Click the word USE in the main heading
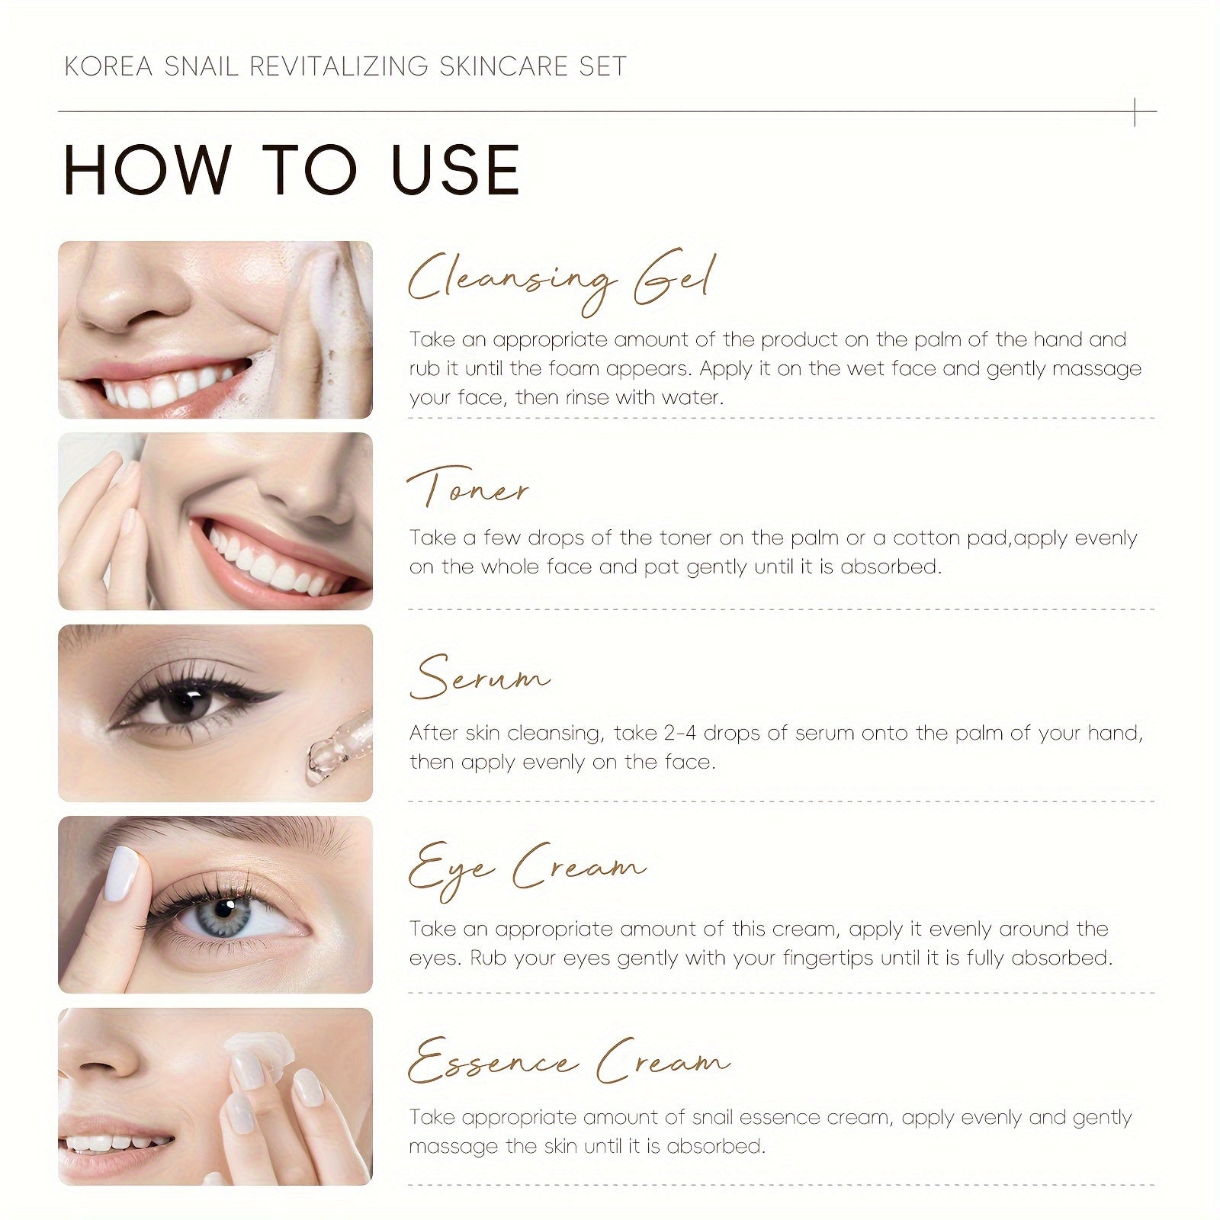point(455,169)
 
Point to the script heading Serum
point(479,677)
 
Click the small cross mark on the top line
point(1135,112)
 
